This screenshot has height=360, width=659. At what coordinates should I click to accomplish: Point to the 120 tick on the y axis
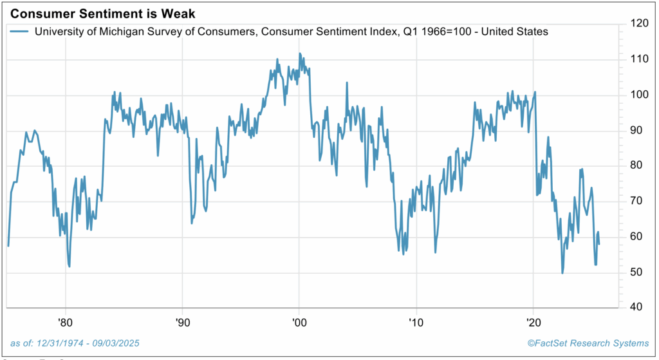(x=640, y=24)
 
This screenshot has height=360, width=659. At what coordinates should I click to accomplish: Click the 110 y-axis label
(x=640, y=59)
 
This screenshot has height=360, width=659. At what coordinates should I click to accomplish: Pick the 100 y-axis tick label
(x=640, y=95)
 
